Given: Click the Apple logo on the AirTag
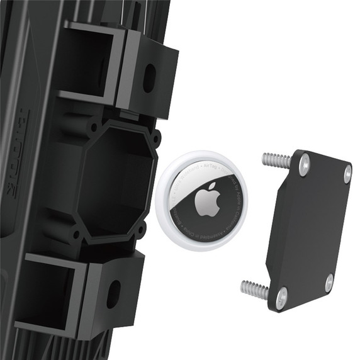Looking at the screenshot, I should coord(206,201).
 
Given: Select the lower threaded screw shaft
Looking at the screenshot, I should coord(256,289).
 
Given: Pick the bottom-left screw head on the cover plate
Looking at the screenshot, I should coord(282,293).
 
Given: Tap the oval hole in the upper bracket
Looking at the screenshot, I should coord(149,78).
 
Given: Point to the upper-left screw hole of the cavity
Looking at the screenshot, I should coord(93,126).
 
